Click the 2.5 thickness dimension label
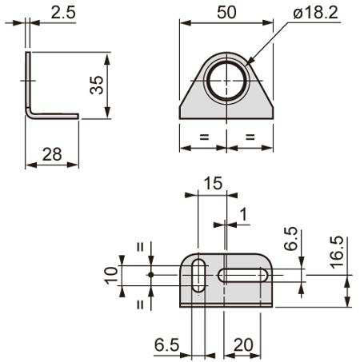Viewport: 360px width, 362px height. coord(63,13)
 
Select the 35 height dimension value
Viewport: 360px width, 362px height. coord(97,85)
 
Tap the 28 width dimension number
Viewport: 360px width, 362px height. coord(52,154)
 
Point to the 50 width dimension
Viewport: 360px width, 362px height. coord(226,12)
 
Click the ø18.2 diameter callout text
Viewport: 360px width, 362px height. coord(315,13)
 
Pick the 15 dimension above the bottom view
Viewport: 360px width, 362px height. coord(213,183)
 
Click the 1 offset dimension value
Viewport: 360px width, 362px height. coord(243,215)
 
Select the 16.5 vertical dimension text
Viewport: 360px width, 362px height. coord(337,252)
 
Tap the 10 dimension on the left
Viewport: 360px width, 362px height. coord(111,275)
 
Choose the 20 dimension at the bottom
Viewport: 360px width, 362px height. coord(243,345)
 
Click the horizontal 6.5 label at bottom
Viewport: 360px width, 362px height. coord(166,345)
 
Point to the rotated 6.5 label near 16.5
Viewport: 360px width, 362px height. coord(290,238)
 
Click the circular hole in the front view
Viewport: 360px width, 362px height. coord(226,81)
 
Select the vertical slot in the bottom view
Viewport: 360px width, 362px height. coord(198,276)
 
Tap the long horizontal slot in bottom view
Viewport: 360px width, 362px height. coord(243,276)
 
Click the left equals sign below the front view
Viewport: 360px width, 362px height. coord(204,137)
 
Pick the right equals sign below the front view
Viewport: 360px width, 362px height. coord(250,137)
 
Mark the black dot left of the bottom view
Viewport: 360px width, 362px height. coord(151,275)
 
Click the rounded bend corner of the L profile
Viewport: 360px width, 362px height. coord(30,114)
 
